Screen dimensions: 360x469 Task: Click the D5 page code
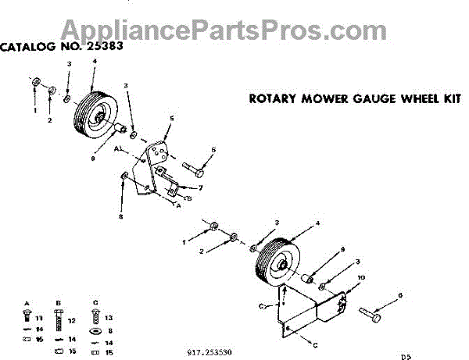[406, 356]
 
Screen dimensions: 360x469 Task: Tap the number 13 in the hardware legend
[108, 318]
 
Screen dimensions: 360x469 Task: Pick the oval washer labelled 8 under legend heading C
[95, 330]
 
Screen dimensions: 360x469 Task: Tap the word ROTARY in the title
[272, 99]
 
